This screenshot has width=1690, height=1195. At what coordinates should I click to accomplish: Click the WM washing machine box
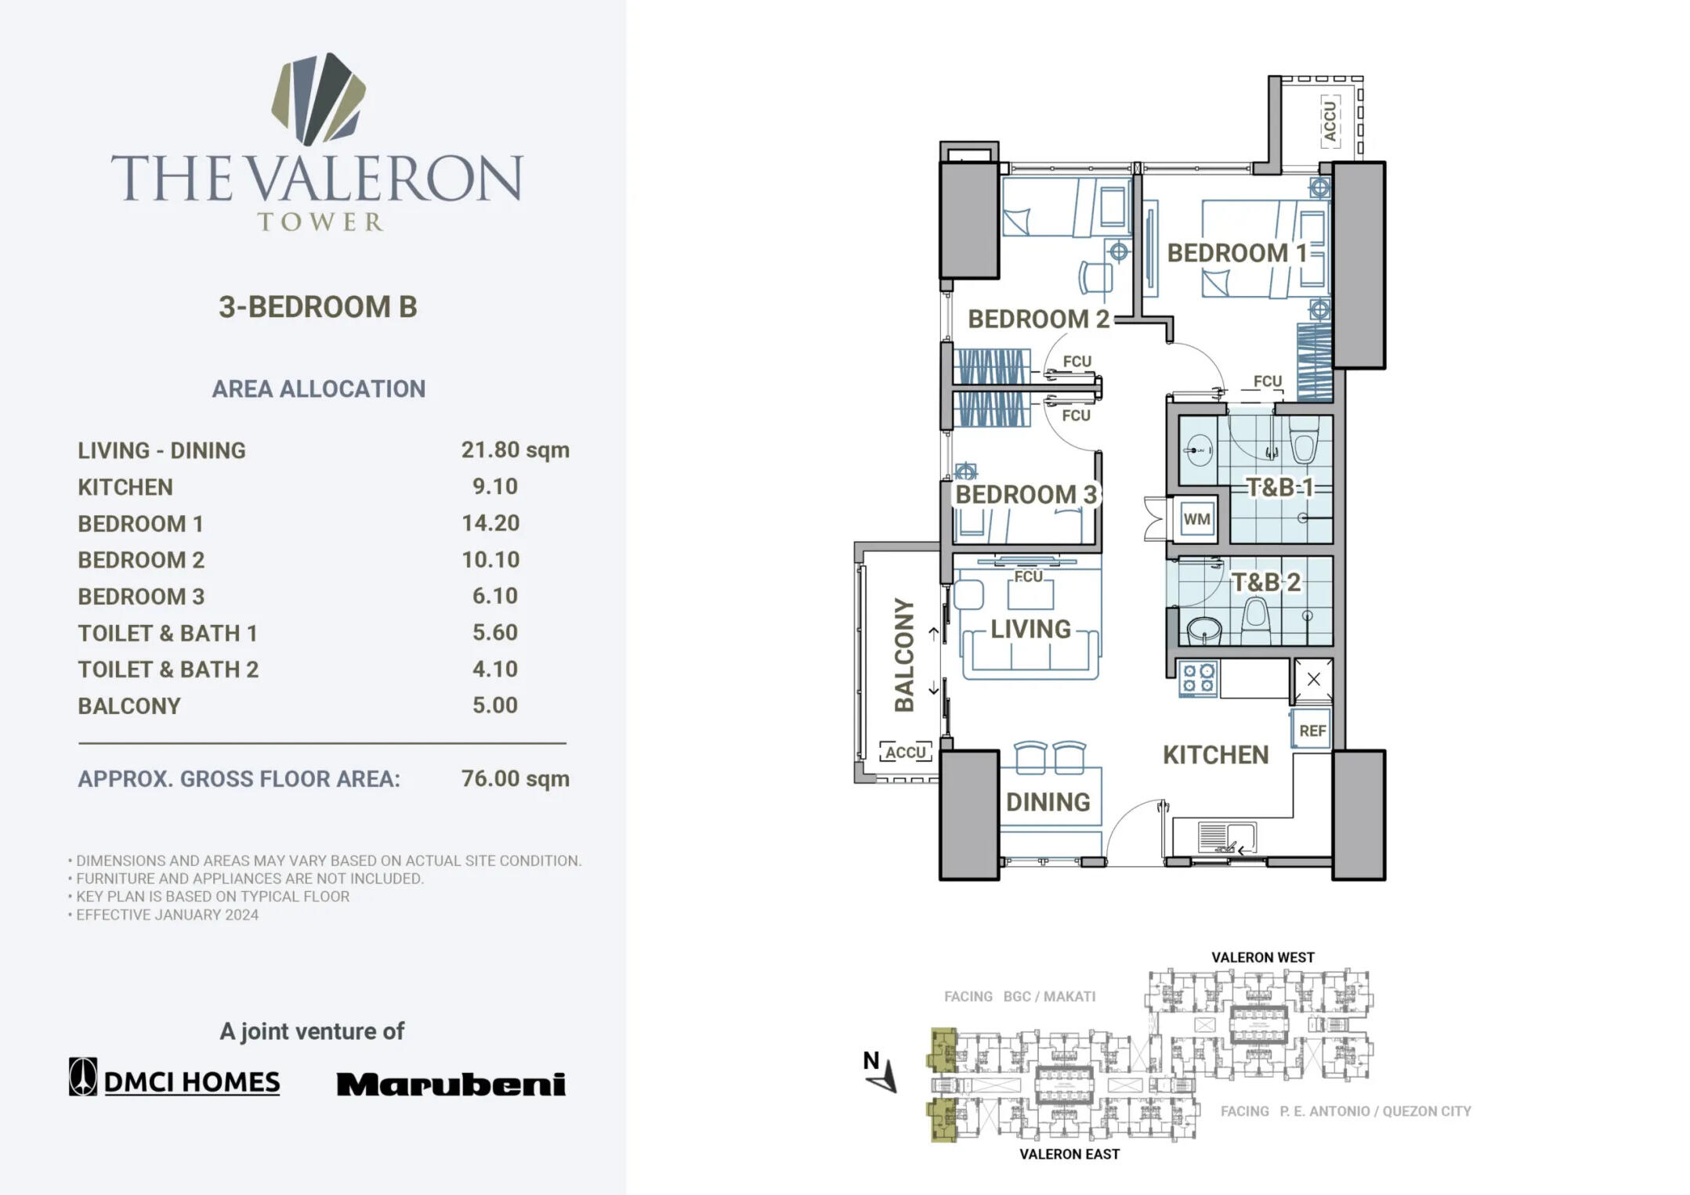[x=1196, y=518]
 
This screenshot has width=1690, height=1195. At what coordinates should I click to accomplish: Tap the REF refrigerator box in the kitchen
[x=1312, y=730]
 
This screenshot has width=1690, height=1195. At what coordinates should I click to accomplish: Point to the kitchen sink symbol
[x=1225, y=837]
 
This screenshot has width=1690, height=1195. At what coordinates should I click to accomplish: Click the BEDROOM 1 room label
[x=1236, y=253]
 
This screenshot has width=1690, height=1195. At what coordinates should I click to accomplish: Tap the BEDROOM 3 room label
[x=1026, y=494]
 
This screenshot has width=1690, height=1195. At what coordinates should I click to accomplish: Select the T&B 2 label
[x=1266, y=582]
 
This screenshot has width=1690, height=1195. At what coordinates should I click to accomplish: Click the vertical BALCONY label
[x=905, y=655]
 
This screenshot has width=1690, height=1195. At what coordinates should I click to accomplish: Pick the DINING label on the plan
[x=1048, y=802]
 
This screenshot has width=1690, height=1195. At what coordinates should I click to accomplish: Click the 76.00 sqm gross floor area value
[x=515, y=778]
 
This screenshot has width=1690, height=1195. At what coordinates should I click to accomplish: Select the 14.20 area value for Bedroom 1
[x=490, y=523]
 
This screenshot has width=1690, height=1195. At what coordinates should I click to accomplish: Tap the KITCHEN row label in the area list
[x=125, y=487]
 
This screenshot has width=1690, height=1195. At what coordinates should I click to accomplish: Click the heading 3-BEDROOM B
[x=317, y=307]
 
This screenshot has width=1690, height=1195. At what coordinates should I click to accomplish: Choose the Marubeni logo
[x=451, y=1084]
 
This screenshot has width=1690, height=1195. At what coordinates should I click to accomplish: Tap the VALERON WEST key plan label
[x=1262, y=957]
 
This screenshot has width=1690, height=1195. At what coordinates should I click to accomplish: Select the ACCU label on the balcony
[x=906, y=753]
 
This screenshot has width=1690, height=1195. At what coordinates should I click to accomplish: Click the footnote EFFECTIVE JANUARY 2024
[x=167, y=915]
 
